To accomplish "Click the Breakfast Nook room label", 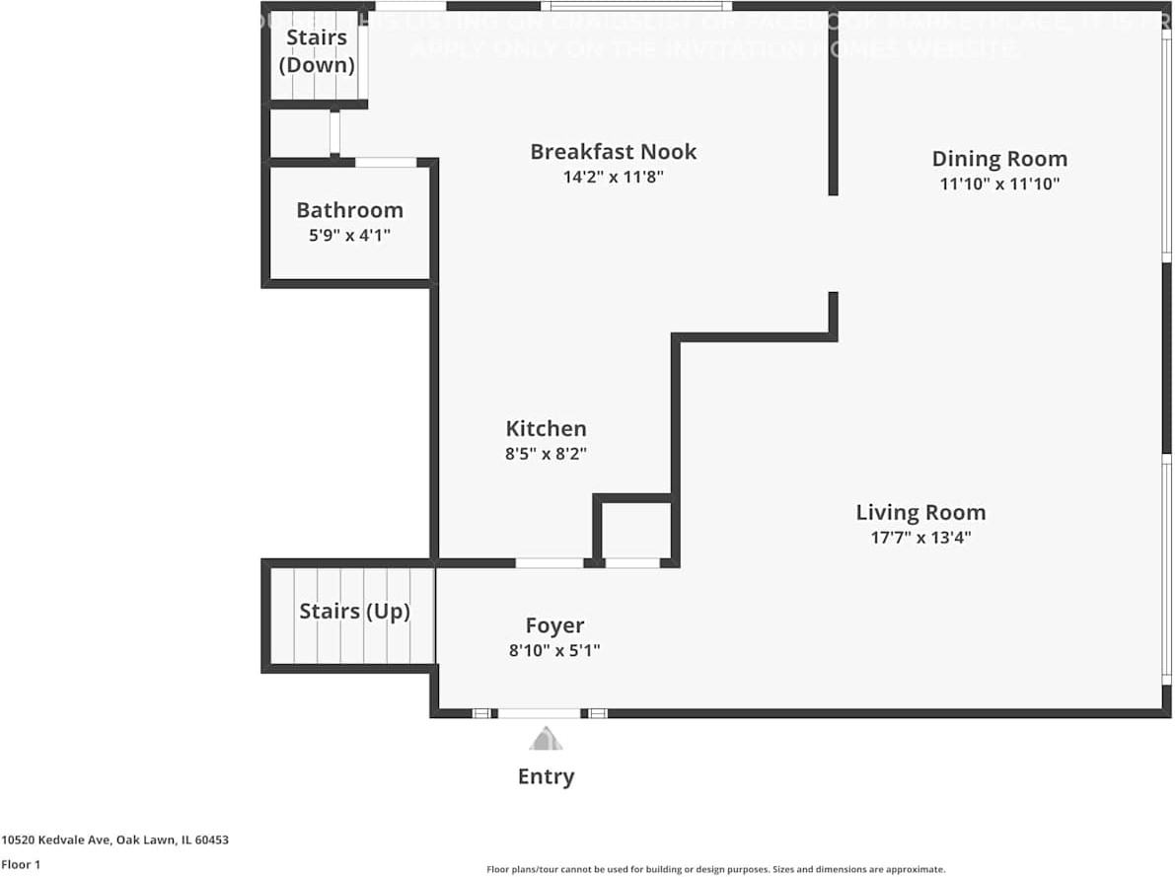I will pyautogui.click(x=613, y=152).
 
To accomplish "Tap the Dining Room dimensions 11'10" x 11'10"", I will pyautogui.click(x=999, y=183).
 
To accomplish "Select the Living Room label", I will pyautogui.click(x=919, y=512).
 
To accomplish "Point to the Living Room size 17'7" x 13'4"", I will pyautogui.click(x=919, y=539).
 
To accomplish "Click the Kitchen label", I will pyautogui.click(x=546, y=428).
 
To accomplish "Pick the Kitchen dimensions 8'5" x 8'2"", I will pyautogui.click(x=546, y=454).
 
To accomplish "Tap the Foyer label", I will pyautogui.click(x=554, y=625).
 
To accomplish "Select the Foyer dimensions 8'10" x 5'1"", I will pyautogui.click(x=554, y=651).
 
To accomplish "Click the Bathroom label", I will pyautogui.click(x=349, y=210).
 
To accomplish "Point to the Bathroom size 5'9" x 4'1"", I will pyautogui.click(x=349, y=236).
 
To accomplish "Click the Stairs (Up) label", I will pyautogui.click(x=354, y=612).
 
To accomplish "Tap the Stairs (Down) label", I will pyautogui.click(x=317, y=51).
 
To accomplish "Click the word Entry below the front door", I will pyautogui.click(x=546, y=777).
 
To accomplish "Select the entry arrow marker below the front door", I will pyautogui.click(x=545, y=739).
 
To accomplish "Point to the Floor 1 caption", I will pyautogui.click(x=21, y=864).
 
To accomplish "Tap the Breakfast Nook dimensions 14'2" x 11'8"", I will pyautogui.click(x=613, y=178).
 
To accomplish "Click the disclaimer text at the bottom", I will pyautogui.click(x=715, y=869).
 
